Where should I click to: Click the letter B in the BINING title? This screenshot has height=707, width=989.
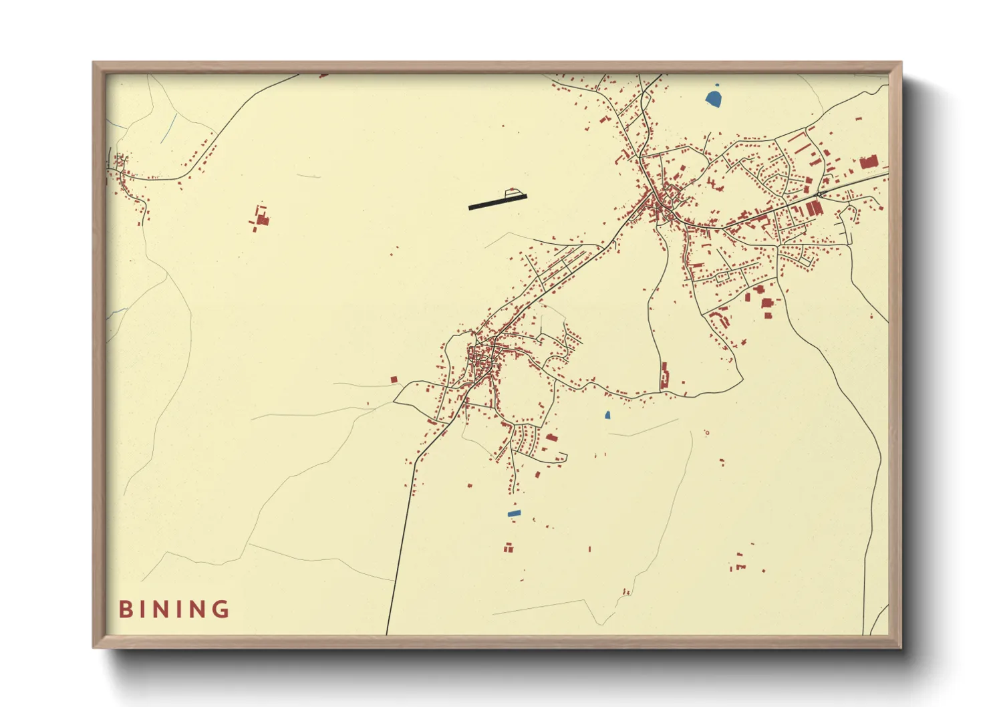point(125,609)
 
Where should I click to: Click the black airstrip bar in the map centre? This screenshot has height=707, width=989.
point(497,202)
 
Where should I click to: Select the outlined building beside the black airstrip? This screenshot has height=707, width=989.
point(513,192)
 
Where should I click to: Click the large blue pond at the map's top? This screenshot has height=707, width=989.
point(714,98)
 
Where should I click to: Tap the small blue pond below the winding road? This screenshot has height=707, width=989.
point(607,415)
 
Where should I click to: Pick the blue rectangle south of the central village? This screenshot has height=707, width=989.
point(514,513)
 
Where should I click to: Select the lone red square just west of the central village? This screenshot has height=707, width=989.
point(394,380)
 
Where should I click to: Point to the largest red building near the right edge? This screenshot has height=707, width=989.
point(868,162)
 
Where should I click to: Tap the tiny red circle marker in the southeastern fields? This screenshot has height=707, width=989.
point(707,433)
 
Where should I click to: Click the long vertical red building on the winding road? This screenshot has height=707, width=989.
point(664,376)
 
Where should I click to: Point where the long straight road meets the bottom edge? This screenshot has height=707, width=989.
point(387,633)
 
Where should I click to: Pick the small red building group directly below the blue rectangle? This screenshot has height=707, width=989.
point(509,549)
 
